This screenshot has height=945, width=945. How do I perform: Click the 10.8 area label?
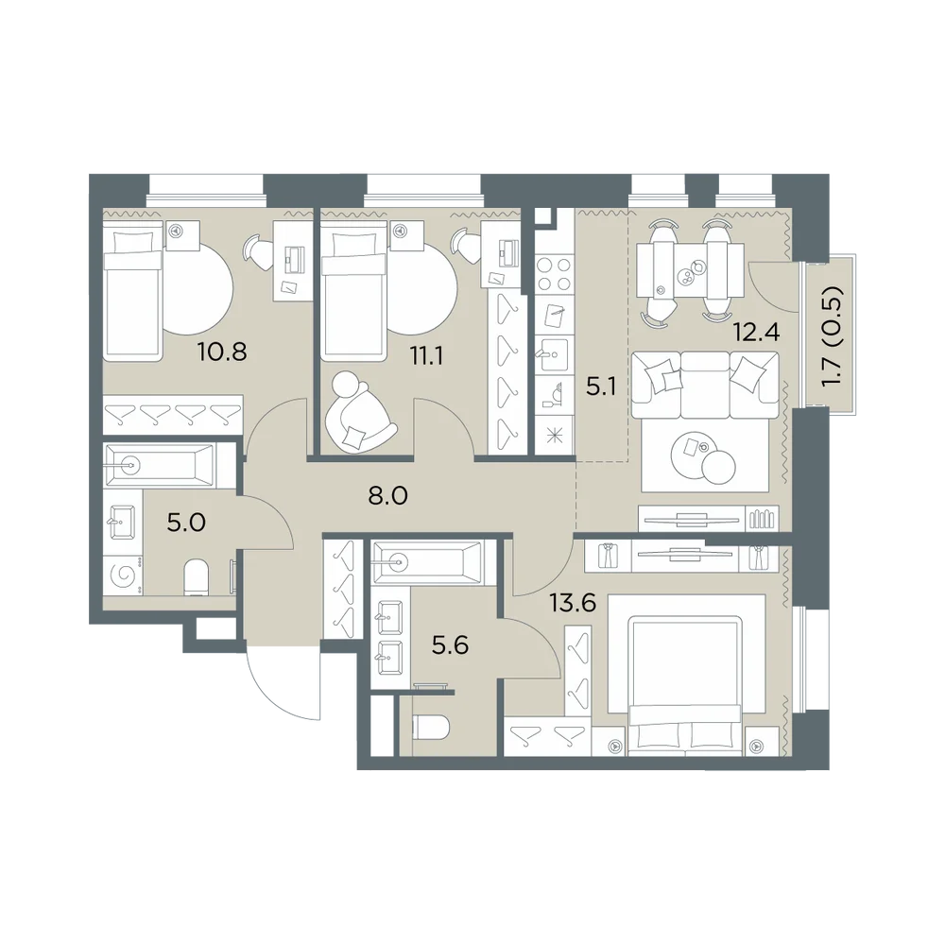tap(222, 351)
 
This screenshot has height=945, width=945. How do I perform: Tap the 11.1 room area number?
tap(427, 356)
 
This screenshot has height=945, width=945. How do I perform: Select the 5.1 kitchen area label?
tap(601, 387)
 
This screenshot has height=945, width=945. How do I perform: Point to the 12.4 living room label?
tap(756, 332)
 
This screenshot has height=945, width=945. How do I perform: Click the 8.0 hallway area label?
tap(387, 496)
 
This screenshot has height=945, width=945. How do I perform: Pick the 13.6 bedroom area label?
tap(573, 601)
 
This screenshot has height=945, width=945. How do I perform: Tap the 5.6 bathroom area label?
tap(450, 645)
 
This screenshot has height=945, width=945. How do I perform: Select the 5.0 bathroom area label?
tap(186, 522)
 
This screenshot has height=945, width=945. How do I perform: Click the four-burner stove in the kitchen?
tap(553, 274)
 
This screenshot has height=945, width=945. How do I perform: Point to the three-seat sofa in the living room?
tap(705, 386)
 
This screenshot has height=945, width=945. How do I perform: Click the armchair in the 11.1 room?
tap(358, 410)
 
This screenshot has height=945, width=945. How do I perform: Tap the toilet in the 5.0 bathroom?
tap(196, 576)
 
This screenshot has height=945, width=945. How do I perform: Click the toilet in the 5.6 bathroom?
tap(429, 728)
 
